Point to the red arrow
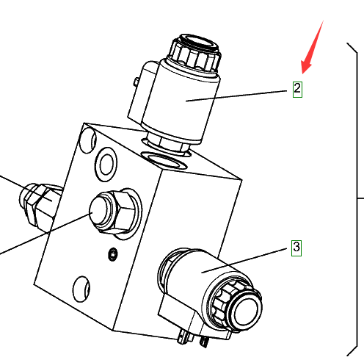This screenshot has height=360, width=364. click(x=312, y=47)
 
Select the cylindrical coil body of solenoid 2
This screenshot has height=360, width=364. click(x=181, y=101)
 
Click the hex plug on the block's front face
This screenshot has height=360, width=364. click(x=114, y=212)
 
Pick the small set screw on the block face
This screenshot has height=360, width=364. click(x=113, y=254)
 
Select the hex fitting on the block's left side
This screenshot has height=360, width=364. click(x=39, y=204)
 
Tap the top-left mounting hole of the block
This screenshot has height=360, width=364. click(x=88, y=140)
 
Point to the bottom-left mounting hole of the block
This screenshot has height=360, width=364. click(x=81, y=289)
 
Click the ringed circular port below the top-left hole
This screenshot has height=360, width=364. click(x=106, y=164)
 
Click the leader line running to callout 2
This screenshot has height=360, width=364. click(x=236, y=96)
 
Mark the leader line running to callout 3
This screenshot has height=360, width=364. click(x=244, y=261)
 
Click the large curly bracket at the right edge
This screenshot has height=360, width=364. click(x=357, y=198)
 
